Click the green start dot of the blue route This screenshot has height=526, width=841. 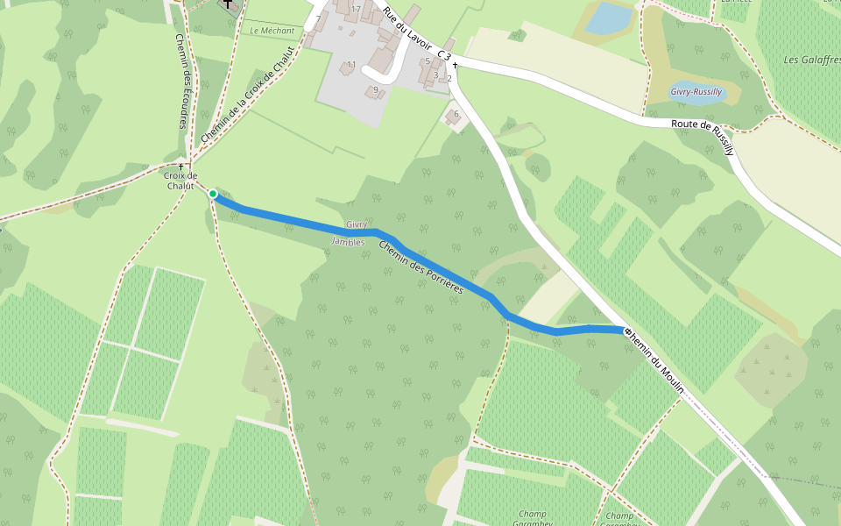pyautogui.click(x=213, y=194)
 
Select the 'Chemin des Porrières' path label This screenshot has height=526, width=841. pyautogui.click(x=420, y=267)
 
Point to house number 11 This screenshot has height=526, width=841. pyautogui.click(x=351, y=65)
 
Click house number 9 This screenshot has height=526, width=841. pyautogui.click(x=376, y=89)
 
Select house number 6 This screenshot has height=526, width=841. pyautogui.click(x=456, y=114)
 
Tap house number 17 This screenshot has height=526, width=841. pyautogui.click(x=356, y=10)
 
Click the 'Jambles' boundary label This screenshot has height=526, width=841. pyautogui.click(x=348, y=241)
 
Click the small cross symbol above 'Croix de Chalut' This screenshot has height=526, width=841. pyautogui.click(x=181, y=166)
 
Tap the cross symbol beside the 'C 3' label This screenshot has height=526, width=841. pyautogui.click(x=456, y=66)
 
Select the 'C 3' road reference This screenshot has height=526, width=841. pyautogui.click(x=443, y=55)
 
